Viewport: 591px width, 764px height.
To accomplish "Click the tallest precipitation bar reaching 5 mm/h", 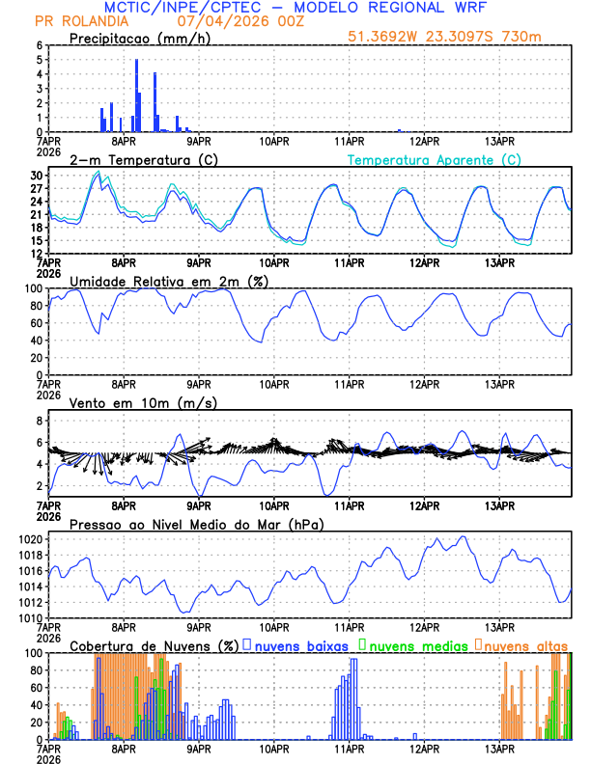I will tap(136, 96).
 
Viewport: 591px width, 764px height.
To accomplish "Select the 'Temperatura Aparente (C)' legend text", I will tap(435, 160).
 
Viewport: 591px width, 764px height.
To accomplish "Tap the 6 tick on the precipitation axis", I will tap(39, 45).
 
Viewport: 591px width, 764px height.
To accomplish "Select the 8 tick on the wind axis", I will tap(39, 422).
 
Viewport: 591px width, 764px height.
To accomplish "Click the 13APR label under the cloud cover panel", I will tap(499, 748).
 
